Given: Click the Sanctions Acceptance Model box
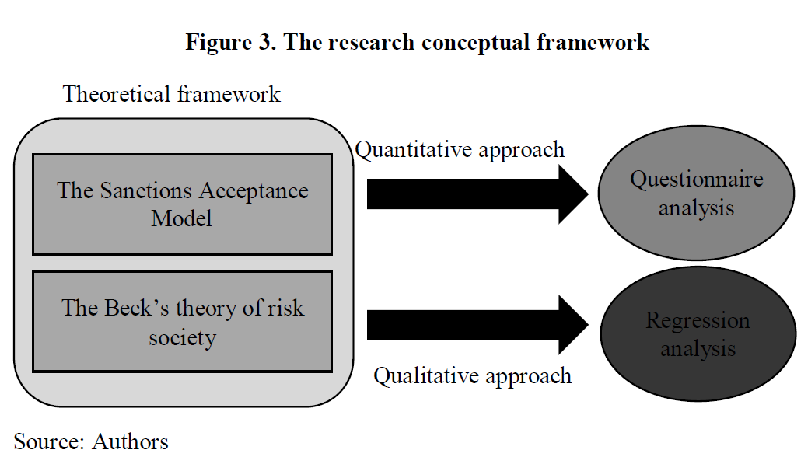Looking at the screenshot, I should (x=182, y=204).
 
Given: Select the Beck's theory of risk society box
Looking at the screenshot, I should (x=182, y=321).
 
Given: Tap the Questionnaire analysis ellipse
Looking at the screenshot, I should (x=696, y=194).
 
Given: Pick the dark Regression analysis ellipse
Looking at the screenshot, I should (x=698, y=335).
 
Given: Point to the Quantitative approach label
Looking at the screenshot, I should (x=460, y=149).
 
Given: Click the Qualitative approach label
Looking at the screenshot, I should (x=472, y=376).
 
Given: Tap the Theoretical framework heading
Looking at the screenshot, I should (x=171, y=95).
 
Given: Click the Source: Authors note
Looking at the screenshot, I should (x=91, y=442).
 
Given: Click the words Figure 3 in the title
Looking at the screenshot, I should (x=229, y=42).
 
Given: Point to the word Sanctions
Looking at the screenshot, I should (x=145, y=190).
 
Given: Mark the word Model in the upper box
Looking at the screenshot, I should (x=182, y=218).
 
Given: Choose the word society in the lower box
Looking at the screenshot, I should (x=182, y=337).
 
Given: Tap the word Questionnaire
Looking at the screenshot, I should (x=696, y=180).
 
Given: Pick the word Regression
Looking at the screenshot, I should (x=698, y=321).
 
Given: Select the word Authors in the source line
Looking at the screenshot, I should (x=130, y=442).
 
